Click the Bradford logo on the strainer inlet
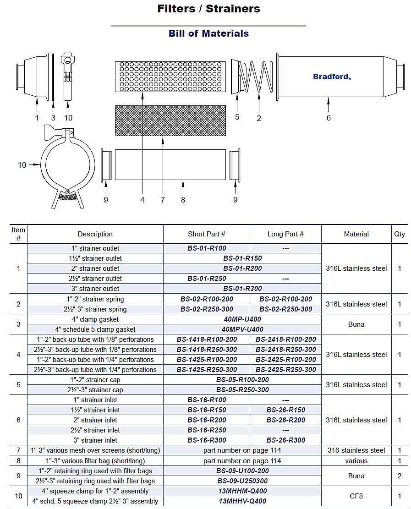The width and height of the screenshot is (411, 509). [x=331, y=77]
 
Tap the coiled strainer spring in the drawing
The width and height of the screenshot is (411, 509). [x=259, y=76]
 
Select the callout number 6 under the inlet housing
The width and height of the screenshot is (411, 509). [x=328, y=118]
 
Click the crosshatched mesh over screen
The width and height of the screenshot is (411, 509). [x=170, y=120]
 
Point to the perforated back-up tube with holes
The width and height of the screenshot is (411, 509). [x=170, y=77]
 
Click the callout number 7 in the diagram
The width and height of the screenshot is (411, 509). [x=163, y=200]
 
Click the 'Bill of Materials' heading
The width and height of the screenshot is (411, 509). [x=208, y=33]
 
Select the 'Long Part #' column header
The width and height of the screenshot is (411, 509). [x=285, y=234]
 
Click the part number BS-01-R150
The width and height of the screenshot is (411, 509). [x=242, y=258]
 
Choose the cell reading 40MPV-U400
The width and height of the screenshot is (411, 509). [x=242, y=329]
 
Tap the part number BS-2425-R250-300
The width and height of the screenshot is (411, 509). [x=285, y=369]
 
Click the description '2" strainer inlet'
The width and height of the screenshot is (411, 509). [x=95, y=420]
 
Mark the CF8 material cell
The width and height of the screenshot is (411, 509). [x=356, y=496]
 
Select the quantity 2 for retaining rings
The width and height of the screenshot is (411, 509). [x=399, y=476]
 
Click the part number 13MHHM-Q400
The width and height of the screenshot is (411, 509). [x=242, y=491]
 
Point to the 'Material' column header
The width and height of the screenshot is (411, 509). [x=356, y=234]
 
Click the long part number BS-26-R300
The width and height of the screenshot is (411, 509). [x=285, y=440]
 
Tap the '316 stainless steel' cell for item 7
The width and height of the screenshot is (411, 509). [x=356, y=450]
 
